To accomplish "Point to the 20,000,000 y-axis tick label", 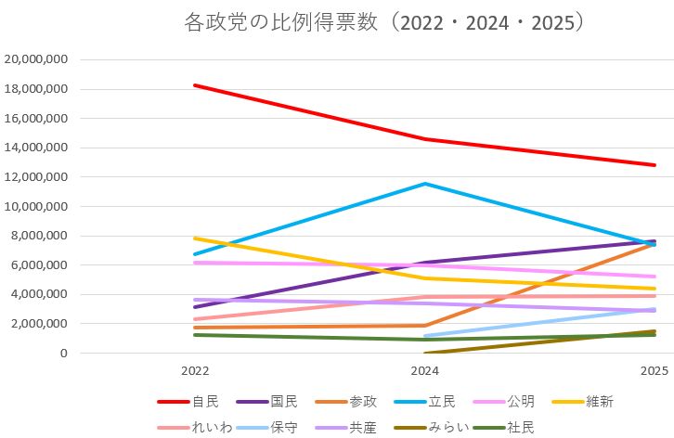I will (x=37, y=59).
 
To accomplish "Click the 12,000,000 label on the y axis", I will (x=37, y=177).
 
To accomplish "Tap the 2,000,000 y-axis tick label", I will (x=40, y=324).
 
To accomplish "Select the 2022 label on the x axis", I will (x=195, y=370).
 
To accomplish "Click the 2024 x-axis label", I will (x=425, y=370).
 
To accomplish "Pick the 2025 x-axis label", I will (x=655, y=370).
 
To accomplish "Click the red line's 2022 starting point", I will (x=195, y=85).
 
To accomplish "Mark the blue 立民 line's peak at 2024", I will (x=425, y=184).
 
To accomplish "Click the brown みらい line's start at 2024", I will (x=425, y=353).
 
